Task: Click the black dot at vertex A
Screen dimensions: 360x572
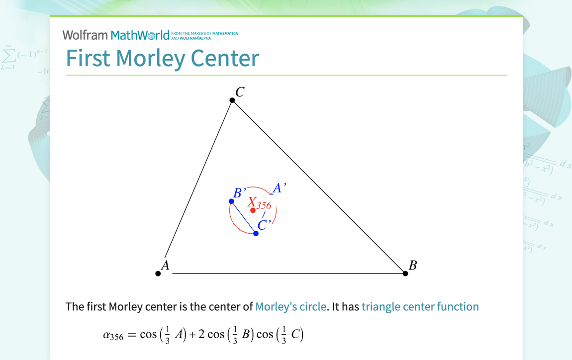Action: pyautogui.click(x=158, y=273)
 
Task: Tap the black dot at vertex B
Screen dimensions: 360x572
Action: pyautogui.click(x=405, y=273)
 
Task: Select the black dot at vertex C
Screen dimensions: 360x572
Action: pyautogui.click(x=232, y=100)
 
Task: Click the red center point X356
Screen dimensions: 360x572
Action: pyautogui.click(x=253, y=210)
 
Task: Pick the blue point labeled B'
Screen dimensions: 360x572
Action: pyautogui.click(x=231, y=201)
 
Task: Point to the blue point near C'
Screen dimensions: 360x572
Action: pyautogui.click(x=256, y=233)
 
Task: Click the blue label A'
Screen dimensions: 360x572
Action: pyautogui.click(x=278, y=188)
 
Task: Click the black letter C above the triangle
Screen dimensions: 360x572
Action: pyautogui.click(x=240, y=92)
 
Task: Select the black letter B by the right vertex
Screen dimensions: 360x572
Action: pyautogui.click(x=412, y=266)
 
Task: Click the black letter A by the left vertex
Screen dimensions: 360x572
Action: pyautogui.click(x=165, y=266)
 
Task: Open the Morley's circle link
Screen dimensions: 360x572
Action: pyautogui.click(x=290, y=307)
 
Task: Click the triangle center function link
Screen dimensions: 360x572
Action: pyautogui.click(x=420, y=307)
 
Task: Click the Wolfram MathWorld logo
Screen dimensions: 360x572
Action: pyautogui.click(x=116, y=35)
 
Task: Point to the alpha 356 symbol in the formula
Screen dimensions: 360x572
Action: pyautogui.click(x=113, y=335)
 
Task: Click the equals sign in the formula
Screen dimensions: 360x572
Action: pyautogui.click(x=131, y=335)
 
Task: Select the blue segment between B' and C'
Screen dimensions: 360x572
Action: pyautogui.click(x=243, y=217)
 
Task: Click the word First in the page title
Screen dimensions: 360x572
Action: pyautogui.click(x=88, y=58)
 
